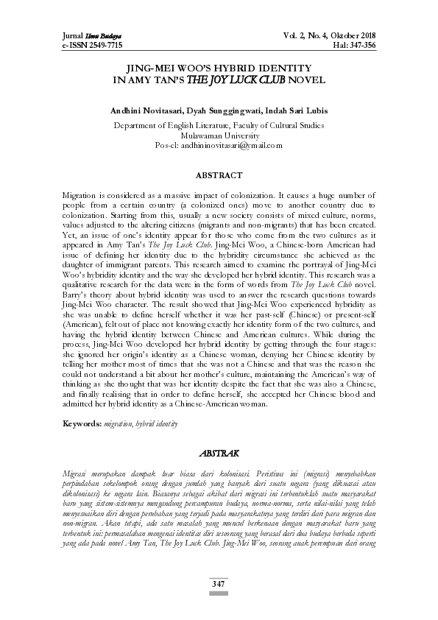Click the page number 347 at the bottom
[219, 583]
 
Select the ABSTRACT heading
[219, 176]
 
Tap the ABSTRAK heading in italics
[219, 454]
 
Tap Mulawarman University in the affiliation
[219, 135]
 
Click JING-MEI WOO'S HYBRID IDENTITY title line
[219, 66]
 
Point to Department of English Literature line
[219, 126]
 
